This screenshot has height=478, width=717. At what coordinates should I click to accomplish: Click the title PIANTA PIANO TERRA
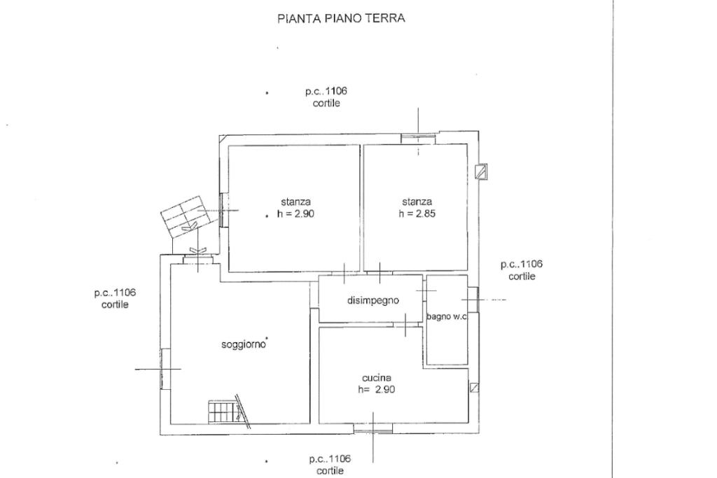(341, 19)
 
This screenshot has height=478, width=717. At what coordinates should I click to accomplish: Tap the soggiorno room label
(244, 344)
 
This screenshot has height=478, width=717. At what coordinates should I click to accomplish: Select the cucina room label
(377, 378)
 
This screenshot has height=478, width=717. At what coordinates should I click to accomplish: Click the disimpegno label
(373, 301)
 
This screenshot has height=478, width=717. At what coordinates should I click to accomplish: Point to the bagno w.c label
(447, 317)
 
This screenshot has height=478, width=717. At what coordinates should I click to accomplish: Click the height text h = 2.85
(417, 214)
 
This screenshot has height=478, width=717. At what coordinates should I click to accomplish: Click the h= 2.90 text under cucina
(377, 390)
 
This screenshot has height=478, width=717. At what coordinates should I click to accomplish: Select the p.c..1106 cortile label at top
(326, 97)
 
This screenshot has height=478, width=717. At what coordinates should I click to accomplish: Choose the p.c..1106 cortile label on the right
(522, 270)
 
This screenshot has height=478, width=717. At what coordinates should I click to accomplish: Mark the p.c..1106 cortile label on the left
(115, 299)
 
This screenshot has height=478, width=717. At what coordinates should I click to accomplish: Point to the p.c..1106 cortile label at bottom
(330, 465)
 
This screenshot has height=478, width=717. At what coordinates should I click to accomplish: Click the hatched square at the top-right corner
(480, 171)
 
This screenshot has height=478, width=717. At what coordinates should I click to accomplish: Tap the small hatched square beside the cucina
(475, 387)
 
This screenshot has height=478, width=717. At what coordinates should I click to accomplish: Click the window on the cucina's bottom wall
(373, 428)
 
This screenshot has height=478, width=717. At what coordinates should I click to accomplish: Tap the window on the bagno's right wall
(473, 300)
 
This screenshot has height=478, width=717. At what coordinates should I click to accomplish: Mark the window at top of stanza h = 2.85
(418, 138)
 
